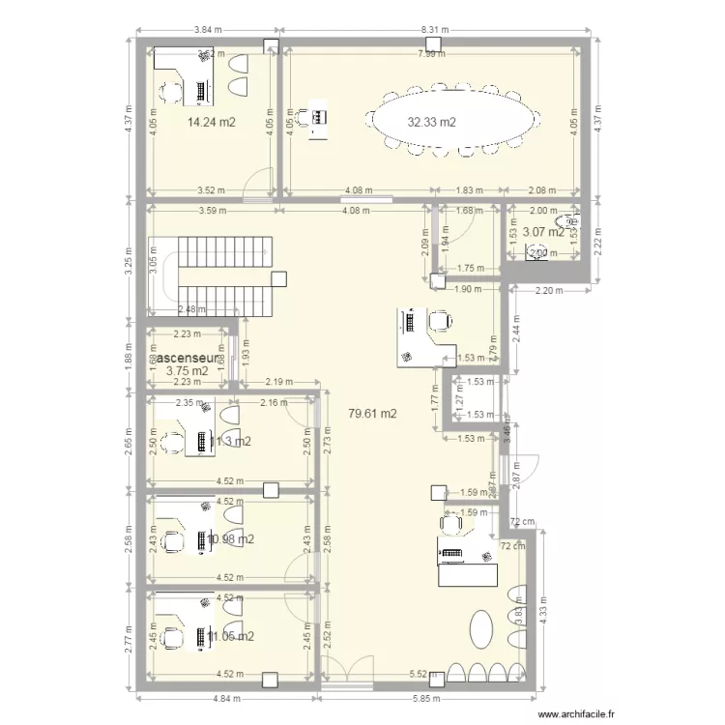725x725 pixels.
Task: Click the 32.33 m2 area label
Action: pyautogui.click(x=431, y=123)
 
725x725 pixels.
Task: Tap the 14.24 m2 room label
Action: pyautogui.click(x=213, y=123)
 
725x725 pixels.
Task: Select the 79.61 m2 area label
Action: pyautogui.click(x=373, y=413)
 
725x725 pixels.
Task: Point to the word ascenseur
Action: pyautogui.click(x=188, y=357)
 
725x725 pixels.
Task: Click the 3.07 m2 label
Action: pyautogui.click(x=542, y=232)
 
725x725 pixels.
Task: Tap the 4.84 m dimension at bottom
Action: pyautogui.click(x=229, y=698)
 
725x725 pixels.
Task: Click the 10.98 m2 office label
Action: pyautogui.click(x=230, y=538)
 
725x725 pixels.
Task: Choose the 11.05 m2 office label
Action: pyautogui.click(x=230, y=635)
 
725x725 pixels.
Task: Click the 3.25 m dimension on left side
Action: pyautogui.click(x=129, y=260)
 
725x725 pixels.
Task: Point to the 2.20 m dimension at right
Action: pyautogui.click(x=548, y=291)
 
